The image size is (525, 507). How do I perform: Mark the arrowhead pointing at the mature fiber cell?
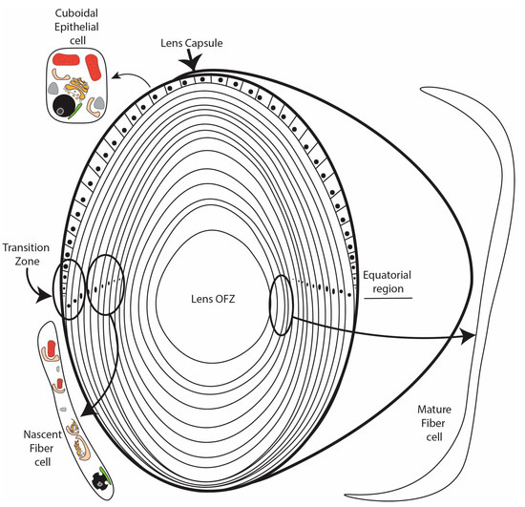point(468,336)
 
